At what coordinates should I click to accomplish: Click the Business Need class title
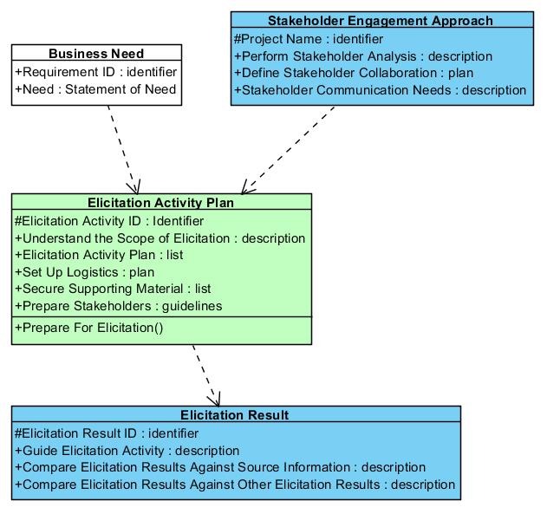tap(96, 54)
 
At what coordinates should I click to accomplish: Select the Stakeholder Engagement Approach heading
tap(381, 21)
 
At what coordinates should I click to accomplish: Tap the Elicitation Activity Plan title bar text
tap(161, 203)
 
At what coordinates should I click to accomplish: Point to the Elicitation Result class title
tap(234, 415)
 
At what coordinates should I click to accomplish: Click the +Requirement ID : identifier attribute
tap(96, 72)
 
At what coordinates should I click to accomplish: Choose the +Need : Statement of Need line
tap(95, 89)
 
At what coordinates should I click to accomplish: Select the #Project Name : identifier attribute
tap(309, 39)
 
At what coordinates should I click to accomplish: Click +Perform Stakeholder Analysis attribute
tap(363, 56)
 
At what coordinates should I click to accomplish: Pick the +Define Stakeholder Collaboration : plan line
tap(354, 73)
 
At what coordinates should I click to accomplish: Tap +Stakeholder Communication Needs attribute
tap(381, 90)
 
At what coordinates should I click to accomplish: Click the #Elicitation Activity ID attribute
tap(109, 221)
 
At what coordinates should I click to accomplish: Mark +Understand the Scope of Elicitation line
tap(160, 238)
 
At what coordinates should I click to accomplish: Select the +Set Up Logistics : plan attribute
tap(85, 272)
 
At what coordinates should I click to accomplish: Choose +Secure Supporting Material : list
tap(113, 289)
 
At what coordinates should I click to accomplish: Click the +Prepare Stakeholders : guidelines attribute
tap(119, 306)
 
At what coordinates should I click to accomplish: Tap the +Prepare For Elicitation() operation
tap(89, 328)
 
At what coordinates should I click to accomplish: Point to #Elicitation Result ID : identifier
tap(107, 433)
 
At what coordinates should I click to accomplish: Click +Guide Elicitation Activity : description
tap(127, 451)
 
